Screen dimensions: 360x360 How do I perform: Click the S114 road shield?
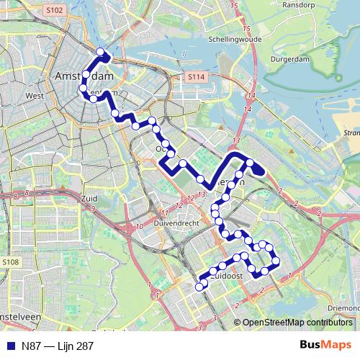tap(195, 76)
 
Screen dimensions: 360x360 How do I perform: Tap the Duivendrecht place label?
tap(175, 224)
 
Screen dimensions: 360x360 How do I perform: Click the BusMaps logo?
tap(325, 345)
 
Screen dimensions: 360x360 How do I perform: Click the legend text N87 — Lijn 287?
tap(57, 346)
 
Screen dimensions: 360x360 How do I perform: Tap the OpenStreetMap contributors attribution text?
tap(297, 323)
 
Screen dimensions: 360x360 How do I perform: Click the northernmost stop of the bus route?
tap(101, 52)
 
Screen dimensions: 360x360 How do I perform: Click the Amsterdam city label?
tap(85, 76)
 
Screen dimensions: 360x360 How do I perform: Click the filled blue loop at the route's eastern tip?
tap(257, 169)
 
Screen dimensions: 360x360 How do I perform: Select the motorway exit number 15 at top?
tap(233, 6)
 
